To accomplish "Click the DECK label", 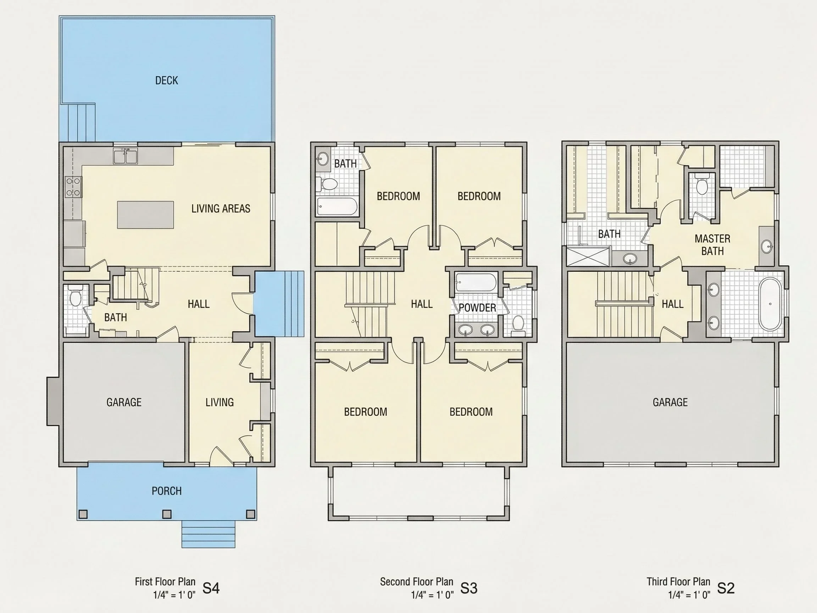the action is click(167, 81).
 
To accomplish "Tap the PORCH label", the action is click(167, 491).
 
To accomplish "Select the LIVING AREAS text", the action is click(221, 209).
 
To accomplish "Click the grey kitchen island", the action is click(145, 215).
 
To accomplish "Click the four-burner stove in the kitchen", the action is click(73, 187).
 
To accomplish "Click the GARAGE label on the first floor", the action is click(124, 402).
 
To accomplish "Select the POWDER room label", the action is click(477, 308).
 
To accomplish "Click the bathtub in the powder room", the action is click(474, 282).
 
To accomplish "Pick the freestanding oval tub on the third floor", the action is click(770, 304).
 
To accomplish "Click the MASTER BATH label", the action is click(712, 245).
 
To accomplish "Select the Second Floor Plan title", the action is click(417, 581).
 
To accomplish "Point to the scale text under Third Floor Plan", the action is click(689, 595).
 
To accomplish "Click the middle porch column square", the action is click(167, 514).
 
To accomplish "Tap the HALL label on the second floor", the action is click(422, 304).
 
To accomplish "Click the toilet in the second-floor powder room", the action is click(518, 325).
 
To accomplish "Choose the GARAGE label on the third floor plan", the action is click(670, 402).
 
